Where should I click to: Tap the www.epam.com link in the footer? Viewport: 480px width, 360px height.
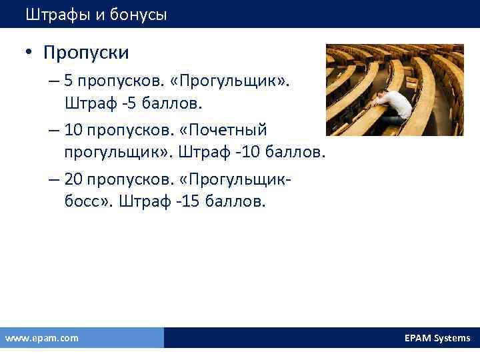tap(41, 338)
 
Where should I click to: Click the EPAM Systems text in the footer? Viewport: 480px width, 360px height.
tap(437, 338)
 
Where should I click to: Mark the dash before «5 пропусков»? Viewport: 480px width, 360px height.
tap(54, 81)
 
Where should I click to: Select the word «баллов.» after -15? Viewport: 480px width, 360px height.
tap(231, 201)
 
